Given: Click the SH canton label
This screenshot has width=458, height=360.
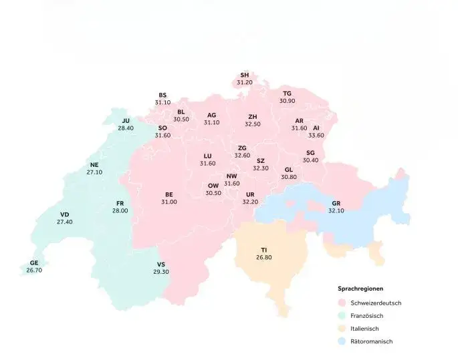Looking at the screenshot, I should coord(245,75).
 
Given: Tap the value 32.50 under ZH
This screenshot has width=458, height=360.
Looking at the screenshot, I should coord(253,124).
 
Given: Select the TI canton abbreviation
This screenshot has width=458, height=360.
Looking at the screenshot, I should coord(264,250).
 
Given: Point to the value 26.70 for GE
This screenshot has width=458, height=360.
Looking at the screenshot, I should coord(34,271).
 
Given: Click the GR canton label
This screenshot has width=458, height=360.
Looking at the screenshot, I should coord(336,203).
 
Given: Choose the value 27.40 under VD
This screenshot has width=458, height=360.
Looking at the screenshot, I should coord(65,222).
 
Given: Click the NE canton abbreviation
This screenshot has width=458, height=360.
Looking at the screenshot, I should coord(94,164).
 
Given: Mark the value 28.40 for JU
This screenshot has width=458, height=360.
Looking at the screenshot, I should coord(126,128).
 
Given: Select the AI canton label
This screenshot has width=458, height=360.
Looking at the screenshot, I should coord(316,128).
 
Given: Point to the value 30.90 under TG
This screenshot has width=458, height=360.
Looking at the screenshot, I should coord(288,101).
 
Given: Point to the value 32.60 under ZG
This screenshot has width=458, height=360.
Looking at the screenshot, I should coord(242,156).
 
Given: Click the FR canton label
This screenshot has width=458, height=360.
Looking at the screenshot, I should coord(120,203).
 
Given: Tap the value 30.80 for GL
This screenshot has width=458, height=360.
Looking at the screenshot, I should coord(289,177).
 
